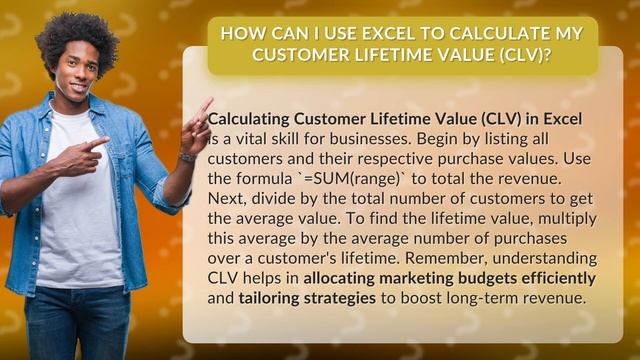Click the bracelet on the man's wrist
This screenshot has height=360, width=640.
coord(187,157)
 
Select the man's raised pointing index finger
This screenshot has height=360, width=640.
coord(205,105)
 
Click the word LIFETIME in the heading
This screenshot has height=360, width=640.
coord(387,55)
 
